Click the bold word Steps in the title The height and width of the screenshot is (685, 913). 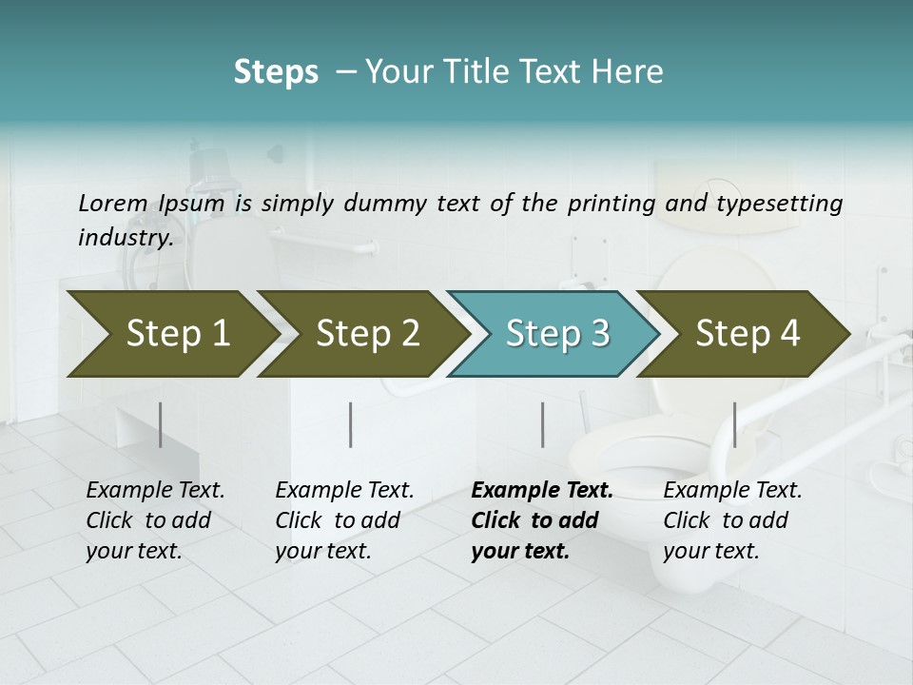276,71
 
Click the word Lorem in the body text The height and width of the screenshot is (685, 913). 112,203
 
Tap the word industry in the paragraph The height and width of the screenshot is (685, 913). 125,237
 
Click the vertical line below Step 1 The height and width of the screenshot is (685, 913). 161,424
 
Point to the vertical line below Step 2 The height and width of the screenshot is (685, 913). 351,424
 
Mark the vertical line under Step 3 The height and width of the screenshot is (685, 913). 542,424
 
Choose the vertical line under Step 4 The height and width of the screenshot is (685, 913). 734,424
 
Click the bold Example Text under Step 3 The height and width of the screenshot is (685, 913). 542,491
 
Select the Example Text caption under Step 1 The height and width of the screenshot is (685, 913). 155,491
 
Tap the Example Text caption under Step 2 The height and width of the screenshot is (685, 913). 344,491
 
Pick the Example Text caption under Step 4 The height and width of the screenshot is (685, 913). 732,491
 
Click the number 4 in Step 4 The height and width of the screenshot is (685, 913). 788,334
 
